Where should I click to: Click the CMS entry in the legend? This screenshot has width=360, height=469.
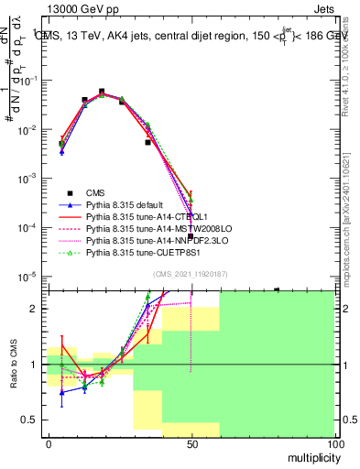[x=94, y=193]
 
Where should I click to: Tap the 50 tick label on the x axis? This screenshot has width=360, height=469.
[x=191, y=442]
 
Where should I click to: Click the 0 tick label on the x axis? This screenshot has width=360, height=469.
[x=48, y=442]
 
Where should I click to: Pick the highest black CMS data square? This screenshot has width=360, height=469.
[x=102, y=93]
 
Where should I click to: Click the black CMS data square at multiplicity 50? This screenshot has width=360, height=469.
[x=191, y=236]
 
